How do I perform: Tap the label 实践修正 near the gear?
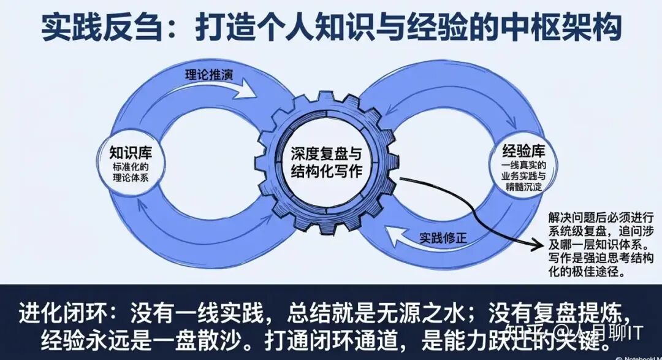coord(443,237)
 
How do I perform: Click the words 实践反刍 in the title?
coord(95,27)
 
